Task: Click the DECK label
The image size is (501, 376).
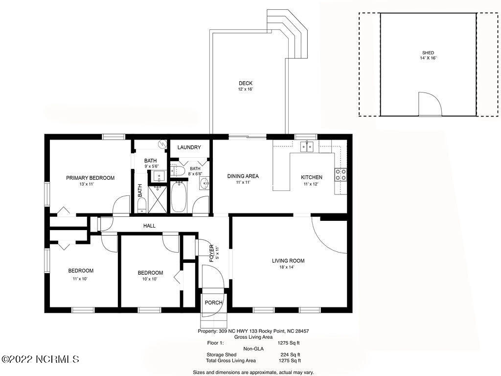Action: click(x=246, y=83)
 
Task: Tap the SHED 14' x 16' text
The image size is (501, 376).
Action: click(x=428, y=55)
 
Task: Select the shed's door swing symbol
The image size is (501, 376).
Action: click(x=430, y=104)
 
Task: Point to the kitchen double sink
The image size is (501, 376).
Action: click(x=307, y=147)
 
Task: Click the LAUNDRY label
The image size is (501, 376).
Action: click(x=189, y=147)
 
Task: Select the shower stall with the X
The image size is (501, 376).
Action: click(x=158, y=199)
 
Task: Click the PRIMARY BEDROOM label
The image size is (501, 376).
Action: click(x=90, y=178)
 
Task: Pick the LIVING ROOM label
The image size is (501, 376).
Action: click(x=288, y=261)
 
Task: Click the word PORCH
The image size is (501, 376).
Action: click(x=213, y=303)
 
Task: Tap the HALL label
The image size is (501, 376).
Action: click(x=149, y=226)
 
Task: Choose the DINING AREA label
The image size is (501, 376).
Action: click(x=243, y=176)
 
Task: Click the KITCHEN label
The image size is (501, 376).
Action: click(x=312, y=177)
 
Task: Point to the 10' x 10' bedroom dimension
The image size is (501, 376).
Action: click(x=150, y=279)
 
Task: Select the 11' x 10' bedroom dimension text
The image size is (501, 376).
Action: click(x=80, y=279)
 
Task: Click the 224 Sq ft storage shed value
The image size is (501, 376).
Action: click(x=290, y=354)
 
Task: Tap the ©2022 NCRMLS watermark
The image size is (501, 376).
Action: click(x=40, y=359)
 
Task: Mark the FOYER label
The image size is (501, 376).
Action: click(x=211, y=254)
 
